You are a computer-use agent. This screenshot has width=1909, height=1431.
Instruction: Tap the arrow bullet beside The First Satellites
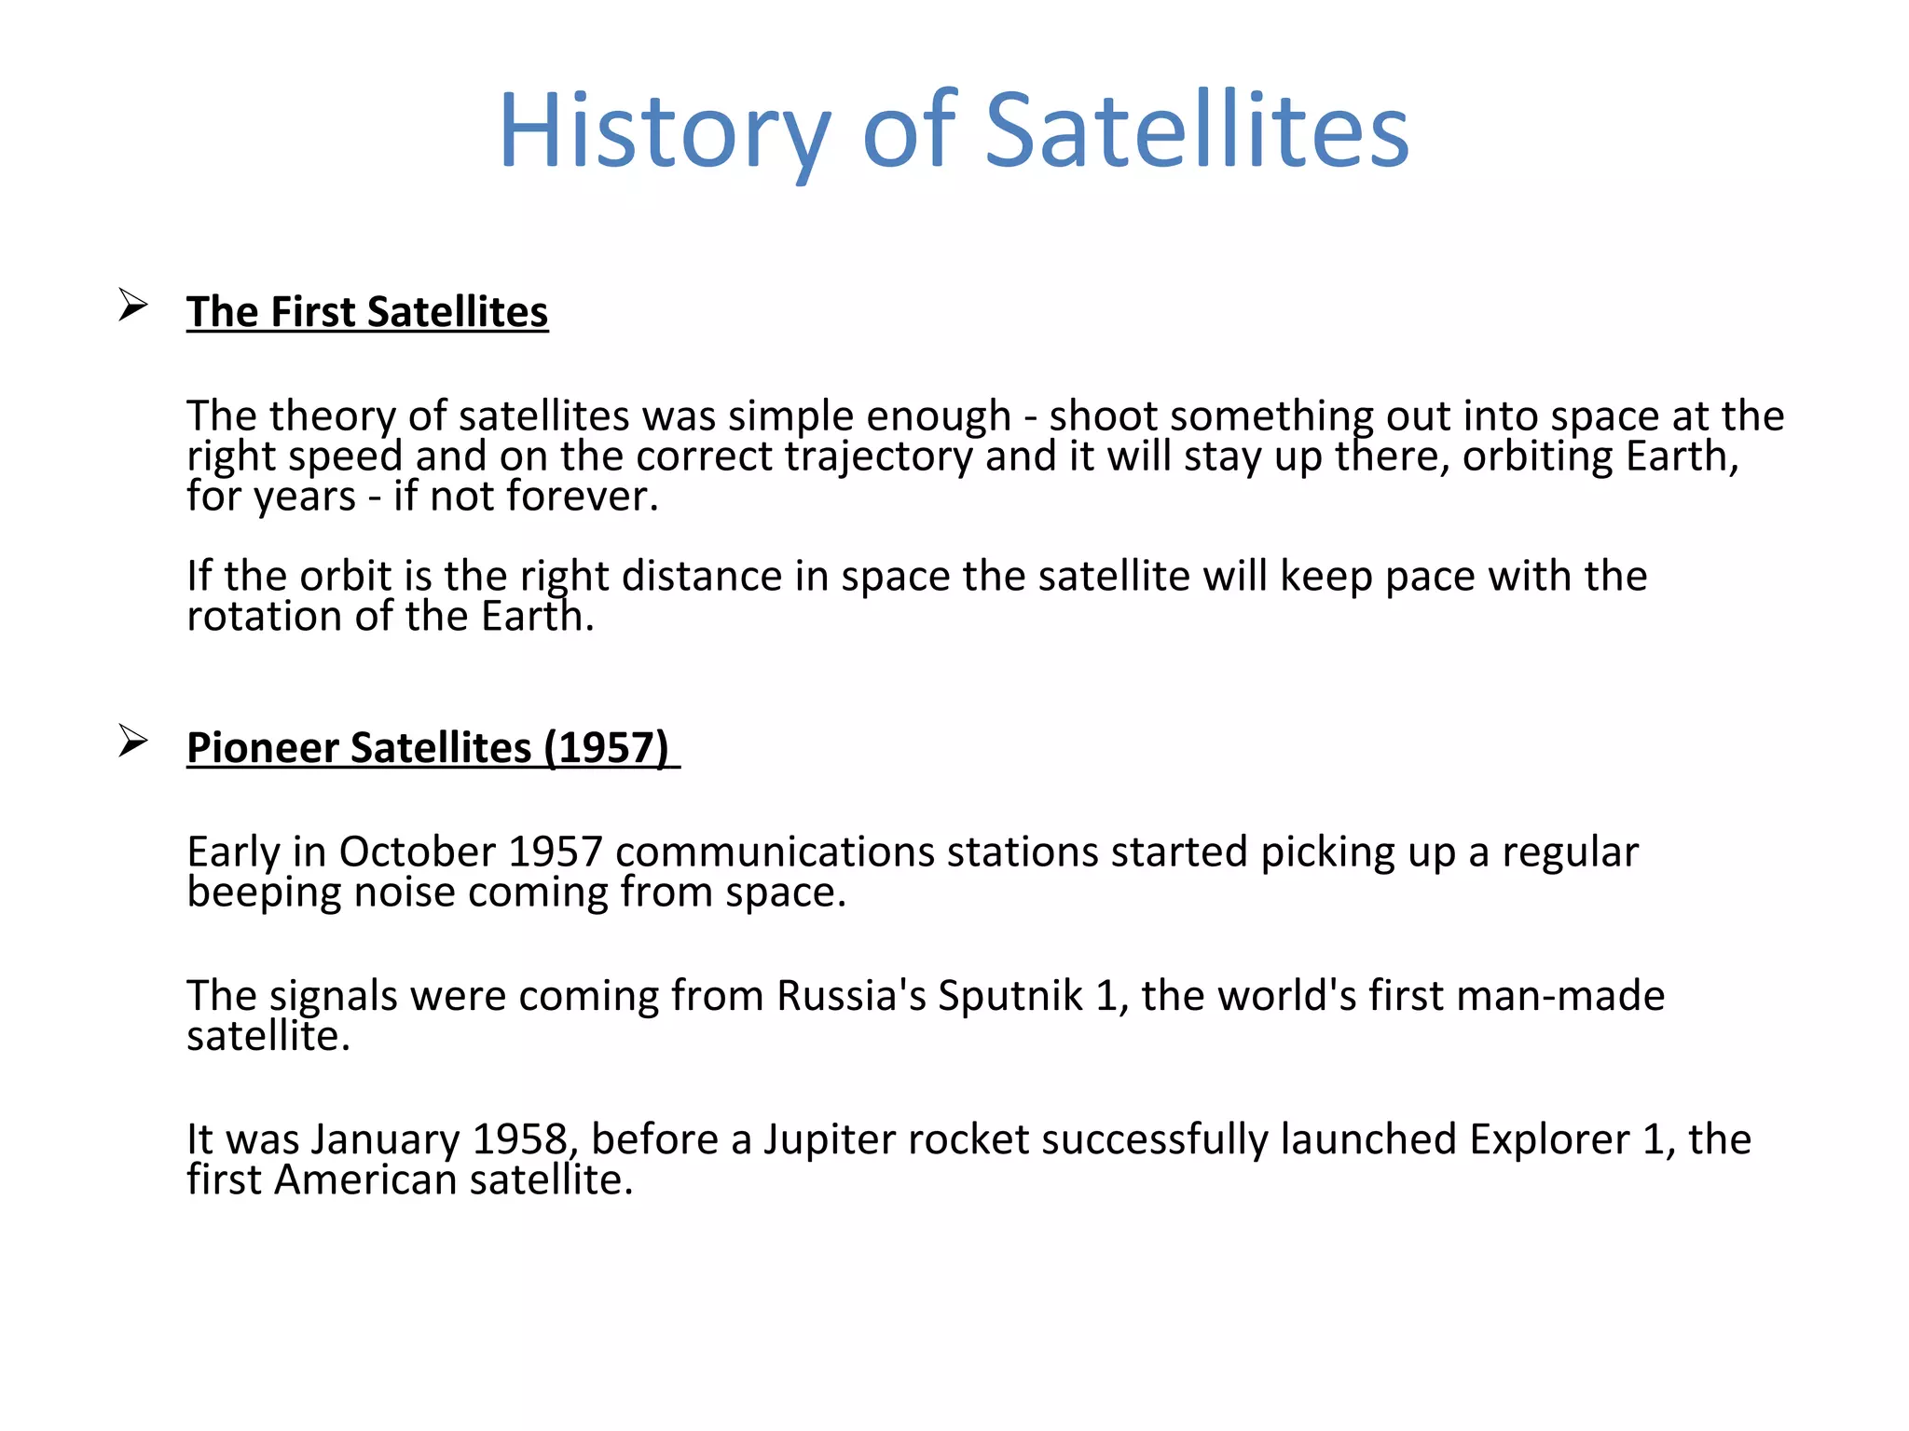[133, 306]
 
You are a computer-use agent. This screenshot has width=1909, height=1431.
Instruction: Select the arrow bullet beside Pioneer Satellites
[133, 742]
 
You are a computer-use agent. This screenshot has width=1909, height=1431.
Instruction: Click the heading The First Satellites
[367, 312]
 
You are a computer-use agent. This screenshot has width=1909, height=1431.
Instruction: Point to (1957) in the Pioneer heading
[607, 748]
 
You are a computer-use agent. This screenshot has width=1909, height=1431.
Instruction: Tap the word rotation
[250, 617]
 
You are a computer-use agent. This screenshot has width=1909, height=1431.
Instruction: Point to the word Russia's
[851, 996]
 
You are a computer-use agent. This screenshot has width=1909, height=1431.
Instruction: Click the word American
[365, 1180]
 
